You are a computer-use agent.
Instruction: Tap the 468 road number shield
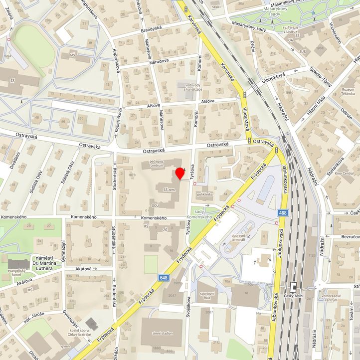[283, 213]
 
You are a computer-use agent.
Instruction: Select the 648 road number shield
[164, 277]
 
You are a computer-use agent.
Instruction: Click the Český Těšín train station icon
[294, 288]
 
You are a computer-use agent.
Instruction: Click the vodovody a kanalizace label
[193, 88]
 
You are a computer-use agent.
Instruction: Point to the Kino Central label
[344, 173]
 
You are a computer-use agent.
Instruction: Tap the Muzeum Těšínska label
[341, 90]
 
